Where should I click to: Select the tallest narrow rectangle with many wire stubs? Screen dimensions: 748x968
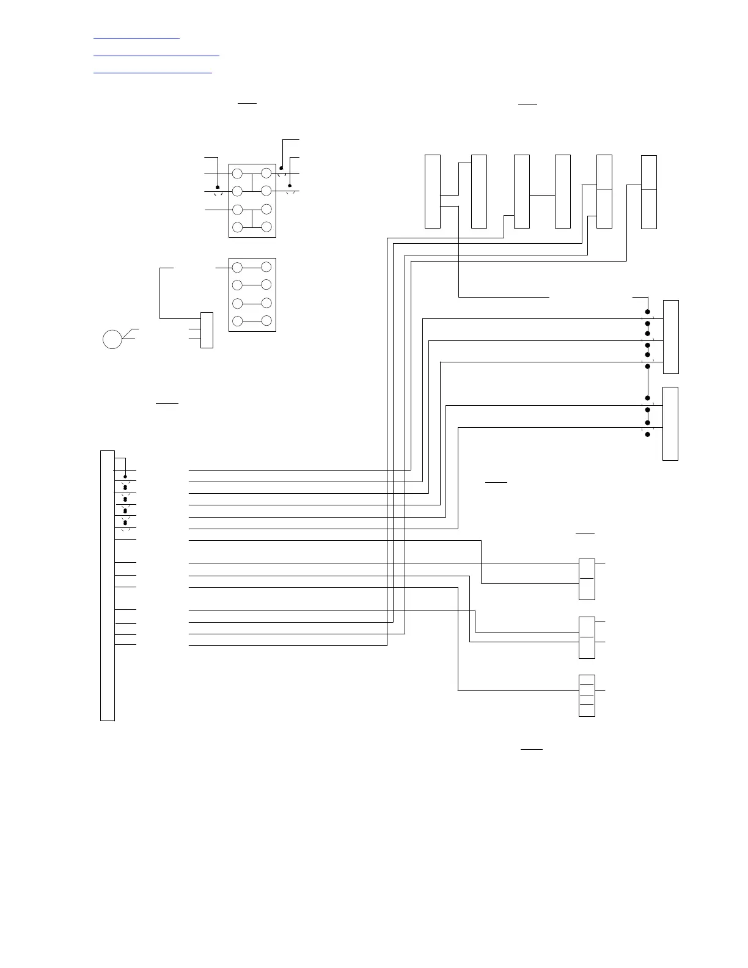108,585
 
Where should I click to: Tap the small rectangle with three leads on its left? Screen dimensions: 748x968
207,330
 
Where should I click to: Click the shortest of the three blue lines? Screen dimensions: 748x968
137,38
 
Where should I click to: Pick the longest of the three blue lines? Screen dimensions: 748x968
156,56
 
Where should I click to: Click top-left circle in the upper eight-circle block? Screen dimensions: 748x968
238,174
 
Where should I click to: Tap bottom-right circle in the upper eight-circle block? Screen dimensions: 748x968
266,227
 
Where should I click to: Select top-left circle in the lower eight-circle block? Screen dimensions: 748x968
238,267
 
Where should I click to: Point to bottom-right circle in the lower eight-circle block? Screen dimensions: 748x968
266,320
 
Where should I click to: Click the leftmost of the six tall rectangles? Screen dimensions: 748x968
433,191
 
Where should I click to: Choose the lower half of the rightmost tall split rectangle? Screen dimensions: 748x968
649,209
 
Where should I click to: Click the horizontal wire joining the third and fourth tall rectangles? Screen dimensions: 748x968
542,195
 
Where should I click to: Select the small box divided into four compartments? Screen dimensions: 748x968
587,695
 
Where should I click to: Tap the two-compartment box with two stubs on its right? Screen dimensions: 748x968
587,637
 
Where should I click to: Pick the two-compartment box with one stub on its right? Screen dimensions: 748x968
587,579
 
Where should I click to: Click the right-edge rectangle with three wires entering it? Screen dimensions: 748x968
671,337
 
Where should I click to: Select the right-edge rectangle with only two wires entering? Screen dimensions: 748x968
670,424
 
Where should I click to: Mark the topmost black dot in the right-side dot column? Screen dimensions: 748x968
648,312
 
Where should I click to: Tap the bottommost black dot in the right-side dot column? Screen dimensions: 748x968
648,435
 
